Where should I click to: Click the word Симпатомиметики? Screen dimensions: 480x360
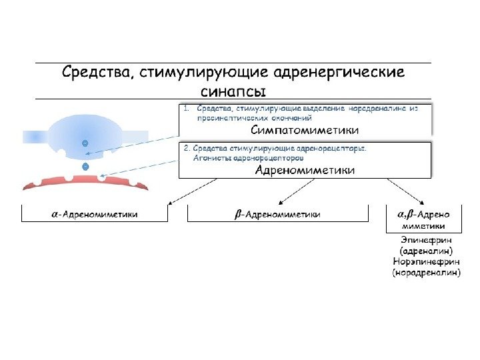(x=304, y=129)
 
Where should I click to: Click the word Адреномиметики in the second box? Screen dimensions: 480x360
(x=305, y=171)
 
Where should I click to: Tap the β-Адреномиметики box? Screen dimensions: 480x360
(x=277, y=214)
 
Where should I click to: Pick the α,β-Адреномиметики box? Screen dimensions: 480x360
(x=425, y=219)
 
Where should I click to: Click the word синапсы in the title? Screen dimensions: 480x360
(x=233, y=89)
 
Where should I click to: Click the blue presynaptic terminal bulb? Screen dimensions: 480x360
(x=85, y=131)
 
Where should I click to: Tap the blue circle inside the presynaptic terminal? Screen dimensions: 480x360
(x=85, y=143)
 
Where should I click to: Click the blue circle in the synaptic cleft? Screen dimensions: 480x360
(x=85, y=165)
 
